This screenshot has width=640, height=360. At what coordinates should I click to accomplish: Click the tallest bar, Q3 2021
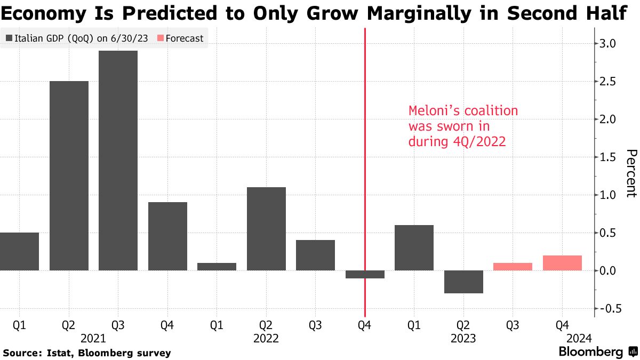coord(118,161)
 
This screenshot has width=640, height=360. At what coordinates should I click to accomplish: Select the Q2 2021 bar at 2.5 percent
coord(69,176)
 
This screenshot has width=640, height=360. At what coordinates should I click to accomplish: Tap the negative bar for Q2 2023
coord(463,282)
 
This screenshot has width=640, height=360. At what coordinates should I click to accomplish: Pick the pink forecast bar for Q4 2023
coord(562,263)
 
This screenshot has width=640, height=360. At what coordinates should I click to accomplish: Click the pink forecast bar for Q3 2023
coord(513,267)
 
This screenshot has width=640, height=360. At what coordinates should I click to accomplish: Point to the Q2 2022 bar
coord(266,229)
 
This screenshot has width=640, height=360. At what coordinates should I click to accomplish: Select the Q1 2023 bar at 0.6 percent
coord(414,247)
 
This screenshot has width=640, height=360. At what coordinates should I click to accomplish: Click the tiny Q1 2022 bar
coord(217,267)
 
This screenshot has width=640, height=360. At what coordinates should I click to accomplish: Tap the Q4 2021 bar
coord(167,236)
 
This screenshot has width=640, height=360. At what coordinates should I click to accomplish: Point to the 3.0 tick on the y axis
coord(609,44)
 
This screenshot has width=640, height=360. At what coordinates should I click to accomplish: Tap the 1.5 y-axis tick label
coord(609,157)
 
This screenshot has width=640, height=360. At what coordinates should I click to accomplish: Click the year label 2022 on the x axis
coord(266,338)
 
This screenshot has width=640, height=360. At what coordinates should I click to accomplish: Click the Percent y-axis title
coord(630,173)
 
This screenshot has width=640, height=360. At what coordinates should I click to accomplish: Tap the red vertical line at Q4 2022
coord(365,160)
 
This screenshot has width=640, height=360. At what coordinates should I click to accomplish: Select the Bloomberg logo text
coord(590,352)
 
